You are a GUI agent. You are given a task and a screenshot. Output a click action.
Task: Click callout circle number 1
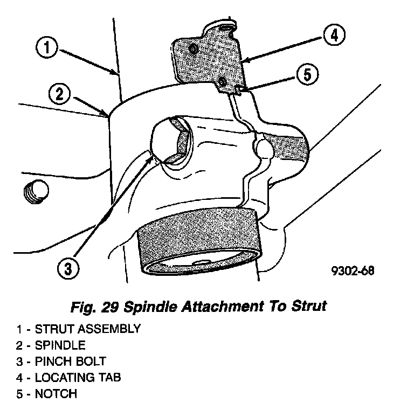pyautogui.click(x=47, y=48)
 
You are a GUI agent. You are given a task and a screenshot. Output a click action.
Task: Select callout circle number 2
pyautogui.click(x=59, y=94)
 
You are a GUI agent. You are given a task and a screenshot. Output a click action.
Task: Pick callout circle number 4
pyautogui.click(x=334, y=36)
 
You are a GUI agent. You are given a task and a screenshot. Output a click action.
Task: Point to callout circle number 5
pyautogui.click(x=307, y=74)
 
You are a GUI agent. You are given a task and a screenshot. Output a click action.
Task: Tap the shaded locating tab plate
pyautogui.click(x=210, y=59)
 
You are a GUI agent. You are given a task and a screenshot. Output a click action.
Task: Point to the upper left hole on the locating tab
pyautogui.click(x=193, y=50)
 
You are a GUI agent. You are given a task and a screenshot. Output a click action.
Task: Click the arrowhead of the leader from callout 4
pyautogui.click(x=243, y=60)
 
